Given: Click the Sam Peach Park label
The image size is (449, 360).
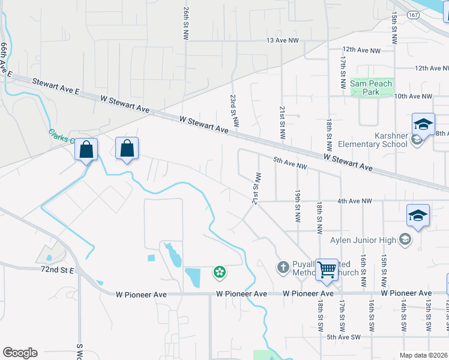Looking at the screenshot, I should click(x=371, y=88).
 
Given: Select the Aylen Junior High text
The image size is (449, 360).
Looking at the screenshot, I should click(x=363, y=241).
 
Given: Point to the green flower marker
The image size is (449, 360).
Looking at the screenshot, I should click(x=220, y=272).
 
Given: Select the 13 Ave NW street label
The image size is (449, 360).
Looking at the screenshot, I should click(x=283, y=40).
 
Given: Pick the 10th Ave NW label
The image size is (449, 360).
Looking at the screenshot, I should click(x=413, y=96).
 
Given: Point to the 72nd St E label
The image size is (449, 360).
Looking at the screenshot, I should click(x=57, y=271).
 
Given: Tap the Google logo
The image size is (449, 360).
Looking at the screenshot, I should click(x=20, y=352).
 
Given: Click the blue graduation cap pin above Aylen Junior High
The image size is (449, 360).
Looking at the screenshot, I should click(x=418, y=216).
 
